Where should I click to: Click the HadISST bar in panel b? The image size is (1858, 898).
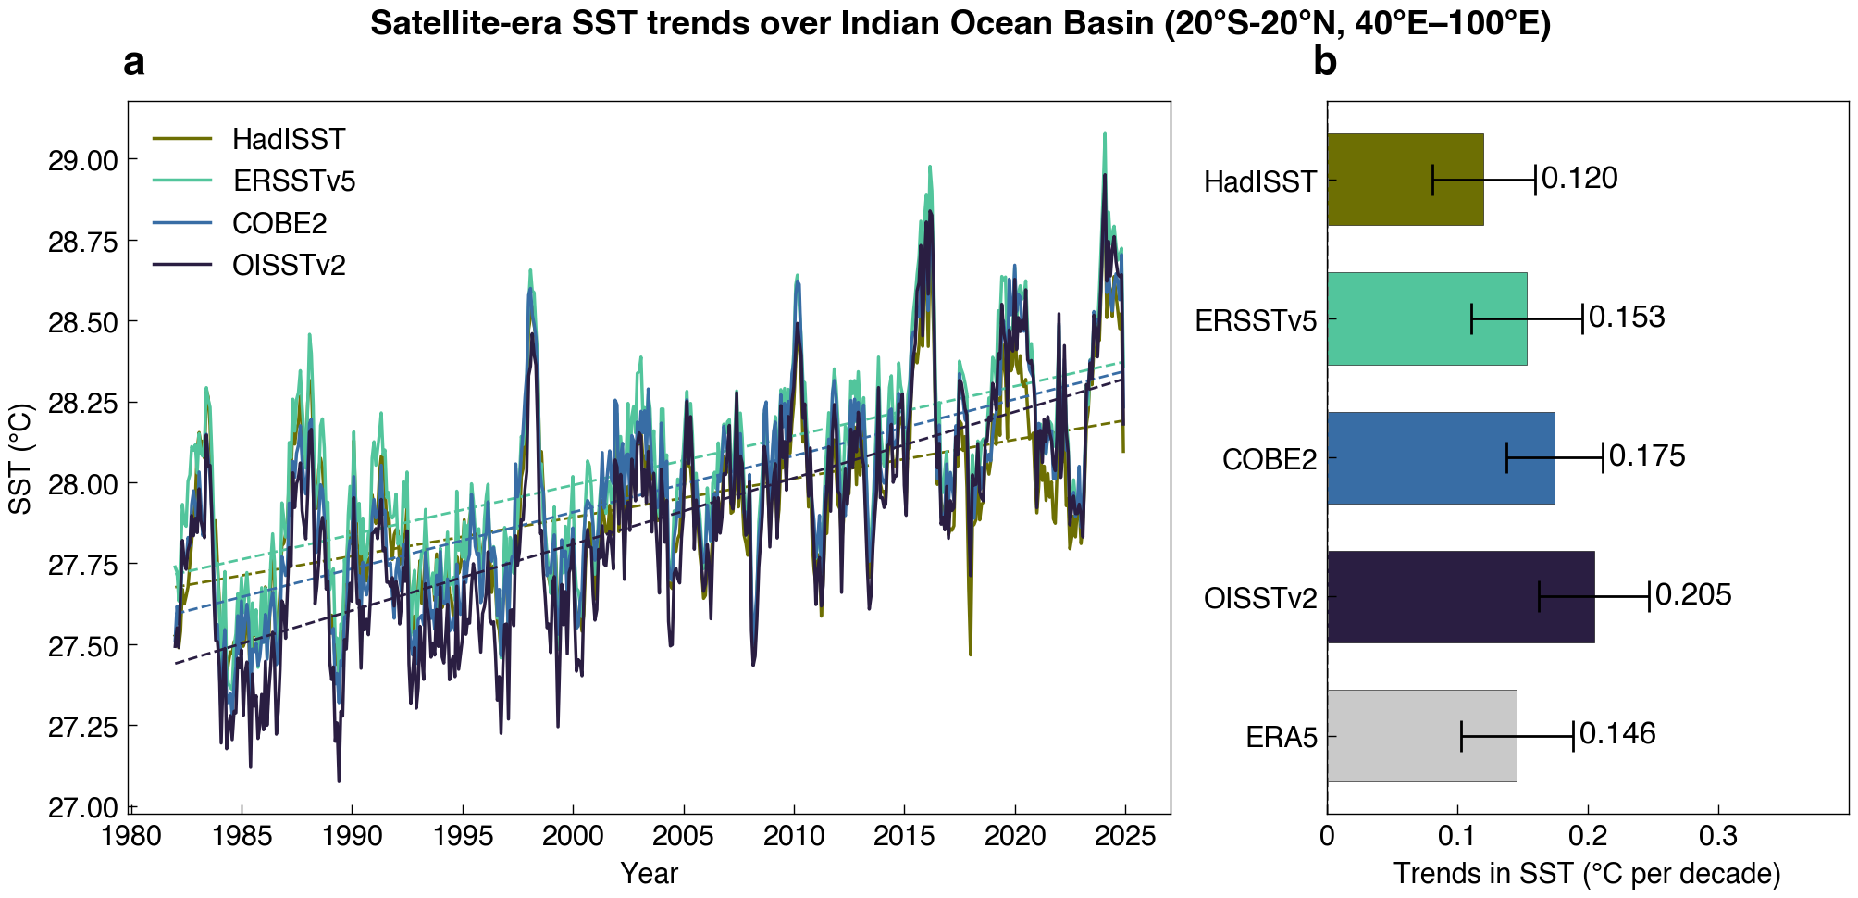point(1406,180)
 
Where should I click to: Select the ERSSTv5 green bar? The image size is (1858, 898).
point(1427,318)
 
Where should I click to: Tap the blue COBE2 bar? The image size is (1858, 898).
point(1441,457)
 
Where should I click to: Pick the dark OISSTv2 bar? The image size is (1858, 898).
point(1461,596)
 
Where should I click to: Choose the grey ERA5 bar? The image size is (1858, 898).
point(1422,735)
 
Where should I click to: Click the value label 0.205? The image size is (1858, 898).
point(1693,594)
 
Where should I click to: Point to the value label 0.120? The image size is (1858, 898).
point(1580,178)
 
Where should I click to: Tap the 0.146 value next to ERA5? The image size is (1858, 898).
point(1617,733)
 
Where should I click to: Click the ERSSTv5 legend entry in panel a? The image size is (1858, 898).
point(254,181)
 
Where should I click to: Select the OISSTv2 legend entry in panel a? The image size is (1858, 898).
point(249,266)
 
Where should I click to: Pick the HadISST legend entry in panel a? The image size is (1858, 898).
point(249,139)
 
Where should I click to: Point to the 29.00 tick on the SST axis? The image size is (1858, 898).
point(83,160)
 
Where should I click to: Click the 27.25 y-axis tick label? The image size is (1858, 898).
point(83,727)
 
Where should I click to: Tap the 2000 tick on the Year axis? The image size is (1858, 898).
point(573,837)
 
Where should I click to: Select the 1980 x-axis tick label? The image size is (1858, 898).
point(130,837)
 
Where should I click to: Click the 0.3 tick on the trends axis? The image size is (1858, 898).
point(1719,837)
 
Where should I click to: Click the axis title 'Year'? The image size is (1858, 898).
point(650,873)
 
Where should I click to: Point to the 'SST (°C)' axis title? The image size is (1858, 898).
point(21,458)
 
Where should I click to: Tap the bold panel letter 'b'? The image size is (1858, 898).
point(1325,62)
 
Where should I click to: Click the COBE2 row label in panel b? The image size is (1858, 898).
point(1270,459)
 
